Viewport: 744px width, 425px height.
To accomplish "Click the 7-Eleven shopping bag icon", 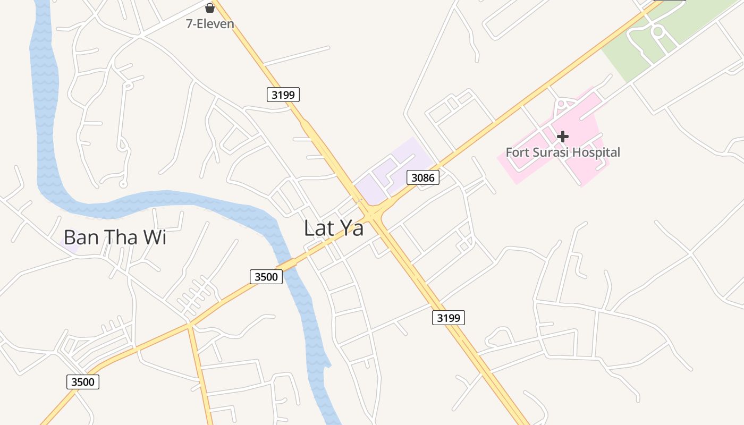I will (x=210, y=7).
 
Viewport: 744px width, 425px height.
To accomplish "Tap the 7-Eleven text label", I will (x=210, y=24).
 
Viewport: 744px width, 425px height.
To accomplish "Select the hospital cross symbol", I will (x=562, y=137).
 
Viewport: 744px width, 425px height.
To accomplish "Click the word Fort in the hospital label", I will (x=518, y=152).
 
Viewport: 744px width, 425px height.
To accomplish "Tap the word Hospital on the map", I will (x=599, y=152).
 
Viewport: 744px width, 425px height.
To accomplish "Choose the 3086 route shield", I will (x=423, y=177).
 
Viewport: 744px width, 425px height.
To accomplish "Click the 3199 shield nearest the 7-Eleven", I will (x=283, y=95).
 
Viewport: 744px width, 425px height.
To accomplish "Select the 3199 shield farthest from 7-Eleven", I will (x=448, y=318).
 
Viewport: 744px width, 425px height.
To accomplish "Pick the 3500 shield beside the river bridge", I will (x=266, y=276).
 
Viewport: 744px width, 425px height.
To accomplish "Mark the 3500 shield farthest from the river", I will (x=83, y=381).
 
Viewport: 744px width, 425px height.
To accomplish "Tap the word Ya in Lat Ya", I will (x=352, y=228).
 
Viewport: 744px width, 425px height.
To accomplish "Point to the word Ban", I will (x=81, y=237).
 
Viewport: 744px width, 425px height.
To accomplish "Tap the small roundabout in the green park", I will (x=658, y=31).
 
